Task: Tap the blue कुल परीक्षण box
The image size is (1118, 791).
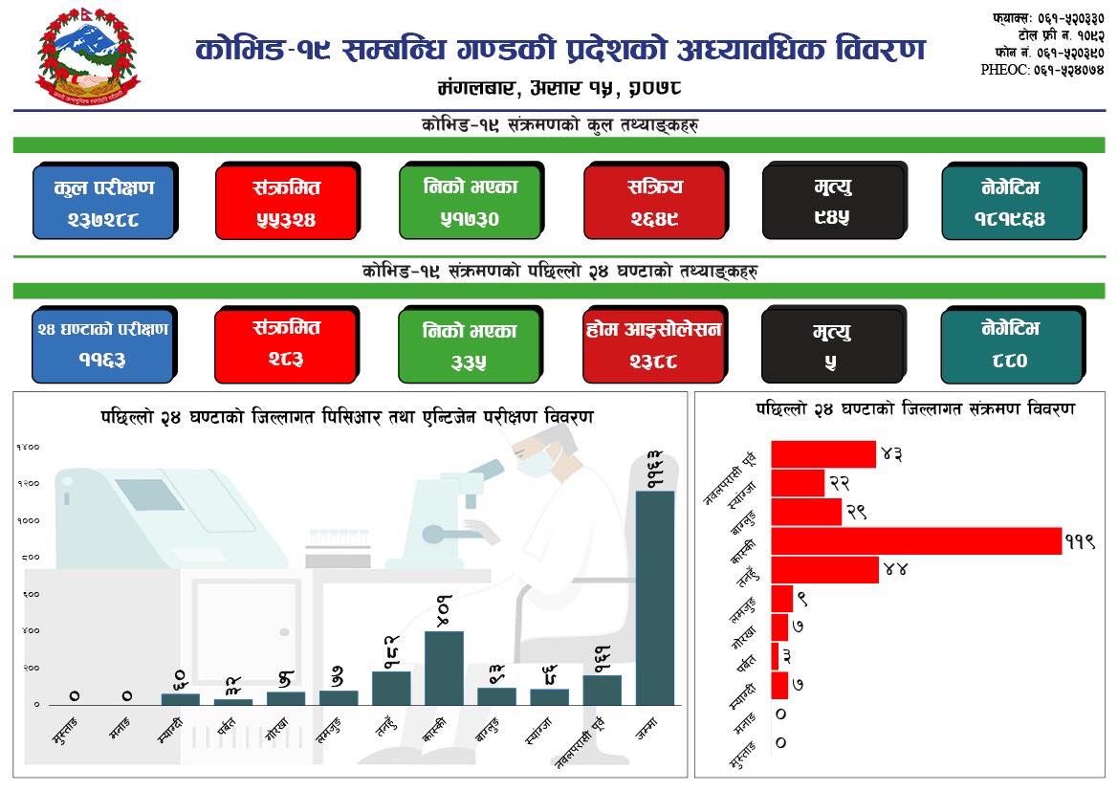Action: (x=103, y=202)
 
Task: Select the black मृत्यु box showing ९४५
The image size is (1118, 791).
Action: (x=832, y=202)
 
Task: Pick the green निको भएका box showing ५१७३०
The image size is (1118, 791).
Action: (x=470, y=202)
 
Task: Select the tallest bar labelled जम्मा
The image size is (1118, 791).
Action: (x=655, y=598)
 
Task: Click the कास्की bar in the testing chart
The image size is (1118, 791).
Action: (x=444, y=668)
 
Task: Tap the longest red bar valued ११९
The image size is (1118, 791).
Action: (x=916, y=540)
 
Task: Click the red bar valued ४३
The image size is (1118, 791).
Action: (x=823, y=454)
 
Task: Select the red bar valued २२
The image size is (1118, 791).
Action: (x=798, y=483)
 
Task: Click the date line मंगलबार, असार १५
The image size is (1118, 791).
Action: (x=559, y=88)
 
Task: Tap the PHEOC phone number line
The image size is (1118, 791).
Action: (x=1042, y=70)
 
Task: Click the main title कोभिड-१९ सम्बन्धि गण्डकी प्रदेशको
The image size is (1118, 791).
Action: (x=559, y=50)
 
